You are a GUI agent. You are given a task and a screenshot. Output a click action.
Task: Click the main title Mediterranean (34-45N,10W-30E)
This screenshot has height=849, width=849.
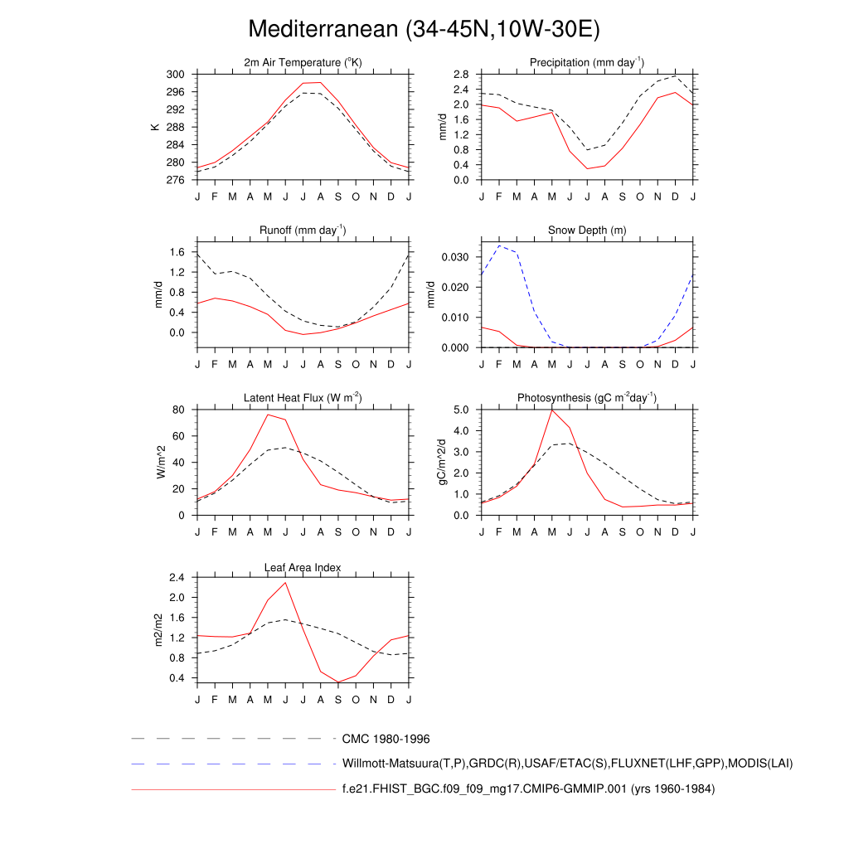point(424,29)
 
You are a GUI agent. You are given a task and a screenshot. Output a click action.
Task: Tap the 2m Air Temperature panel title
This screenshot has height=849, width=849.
point(303,62)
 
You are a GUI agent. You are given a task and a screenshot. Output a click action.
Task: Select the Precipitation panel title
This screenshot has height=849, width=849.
point(587,62)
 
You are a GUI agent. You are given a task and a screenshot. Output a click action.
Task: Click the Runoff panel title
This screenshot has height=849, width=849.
point(303,230)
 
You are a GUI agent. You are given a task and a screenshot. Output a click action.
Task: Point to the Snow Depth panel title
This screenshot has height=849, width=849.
point(587,230)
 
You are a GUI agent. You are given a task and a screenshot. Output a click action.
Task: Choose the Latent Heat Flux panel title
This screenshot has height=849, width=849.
point(303,398)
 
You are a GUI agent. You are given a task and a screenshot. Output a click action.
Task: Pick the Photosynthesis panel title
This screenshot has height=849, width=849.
point(587,398)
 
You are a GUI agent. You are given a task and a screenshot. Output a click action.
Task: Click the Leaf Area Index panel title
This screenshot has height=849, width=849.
point(303,567)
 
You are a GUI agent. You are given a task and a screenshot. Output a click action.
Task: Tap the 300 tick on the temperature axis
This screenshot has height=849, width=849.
point(175,75)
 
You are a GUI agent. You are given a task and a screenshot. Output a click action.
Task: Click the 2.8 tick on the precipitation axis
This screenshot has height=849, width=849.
point(461,75)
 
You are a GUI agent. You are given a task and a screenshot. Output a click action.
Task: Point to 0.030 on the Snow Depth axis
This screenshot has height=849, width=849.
point(454,257)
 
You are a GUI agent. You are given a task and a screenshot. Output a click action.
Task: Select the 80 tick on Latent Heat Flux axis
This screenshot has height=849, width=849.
point(177,410)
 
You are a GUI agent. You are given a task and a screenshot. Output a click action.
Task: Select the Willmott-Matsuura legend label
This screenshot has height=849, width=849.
point(567,763)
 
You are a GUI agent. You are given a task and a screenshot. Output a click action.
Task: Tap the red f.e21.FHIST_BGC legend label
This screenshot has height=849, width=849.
point(528,789)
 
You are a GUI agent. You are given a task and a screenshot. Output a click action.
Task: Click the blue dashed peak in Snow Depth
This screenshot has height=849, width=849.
point(499,245)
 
